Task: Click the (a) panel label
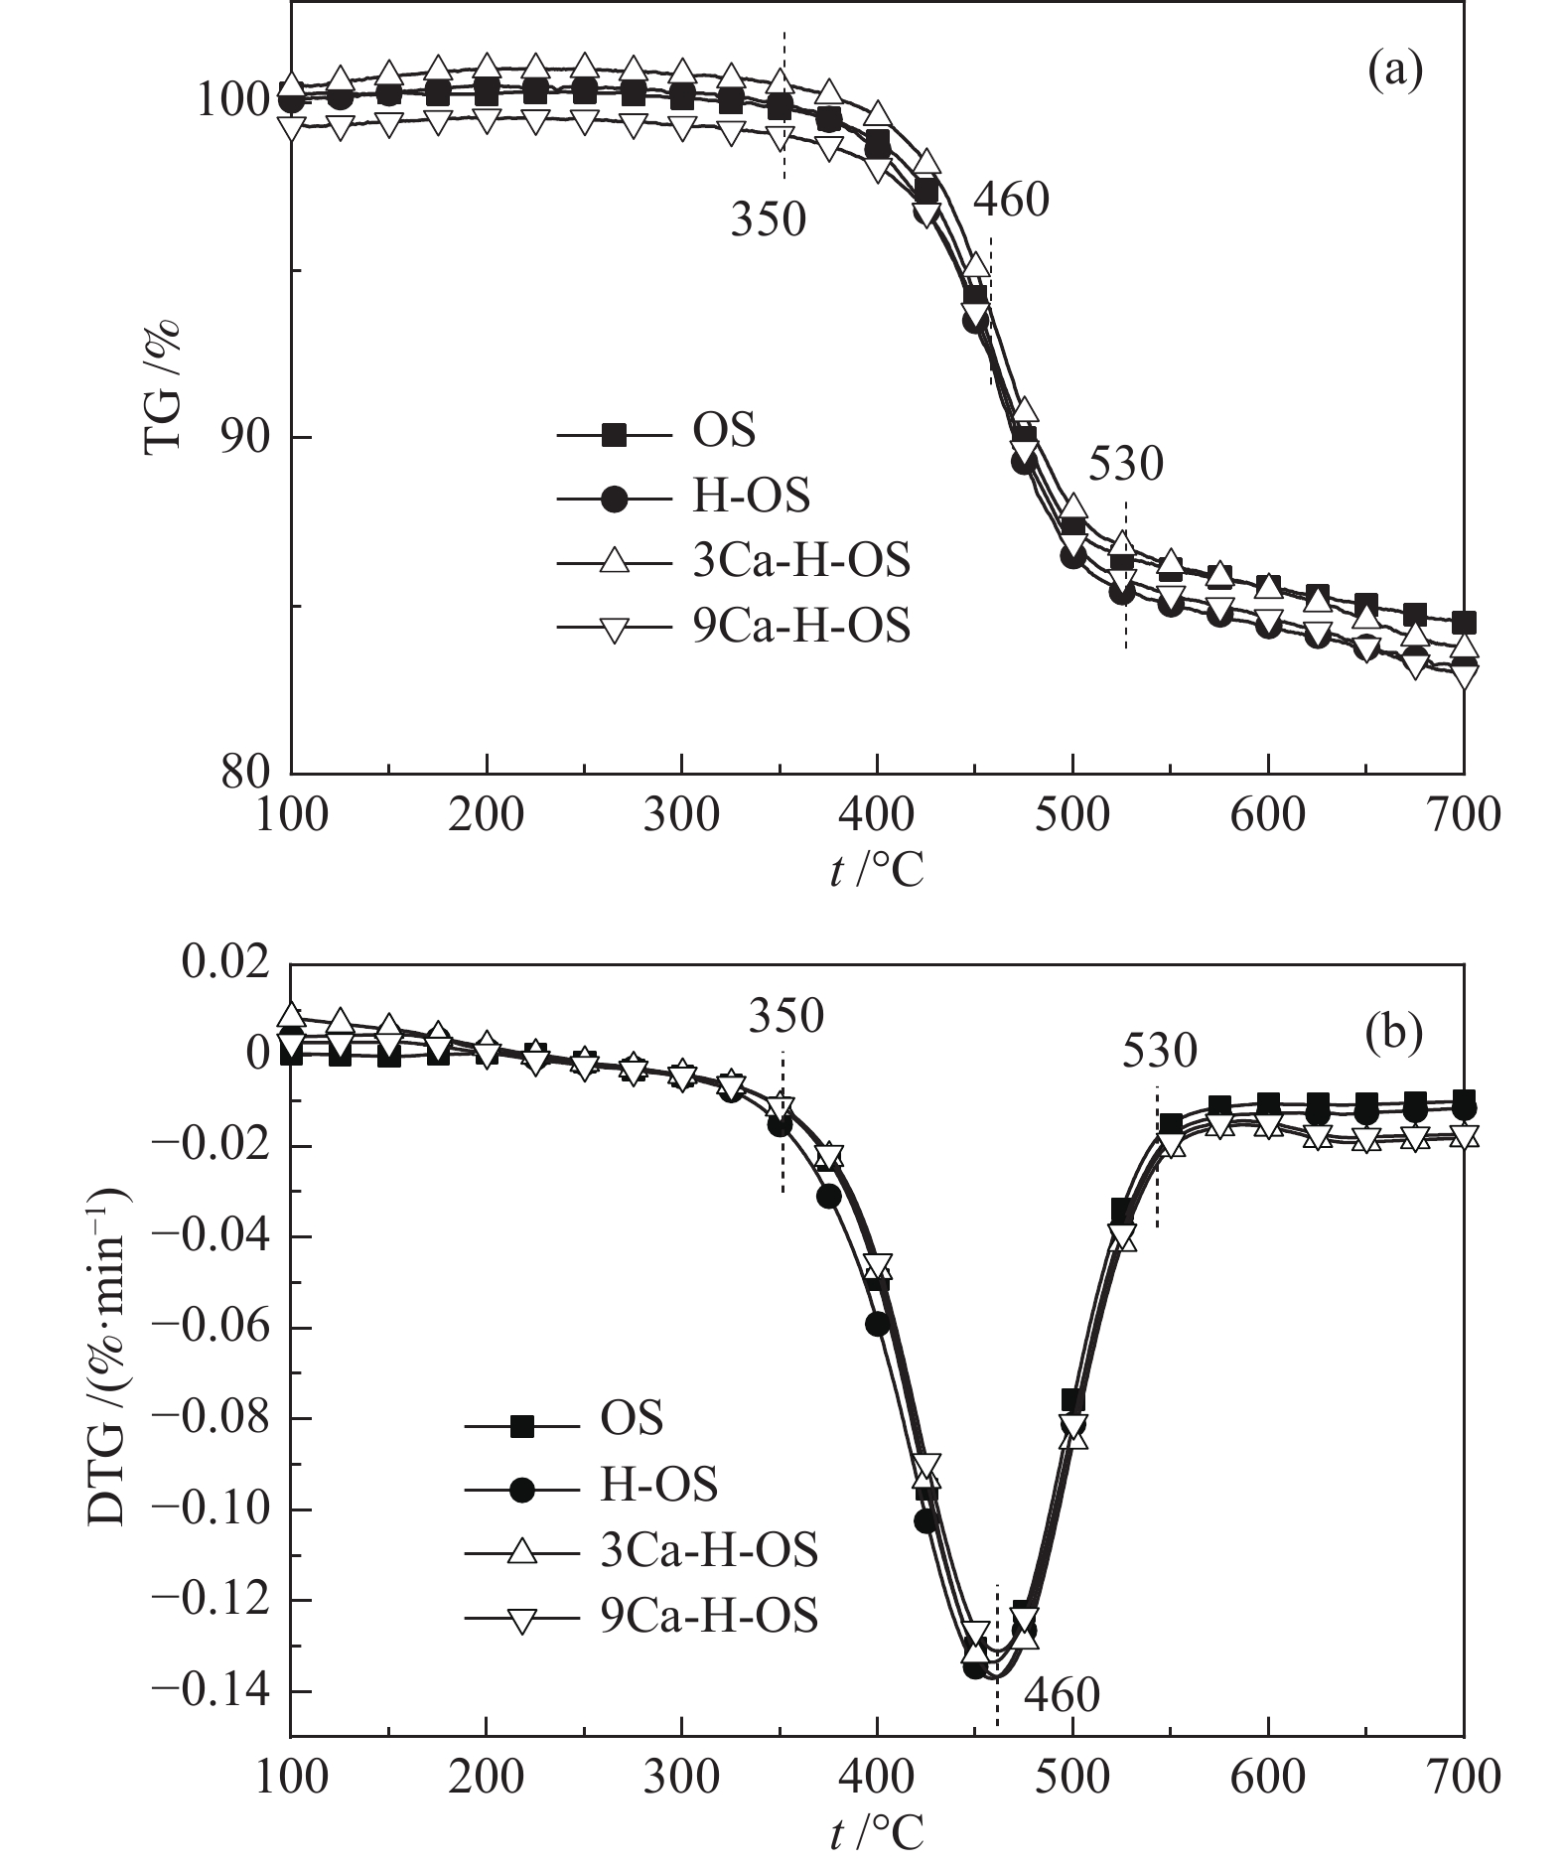[1394, 72]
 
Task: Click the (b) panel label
[1394, 1033]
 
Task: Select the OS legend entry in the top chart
[723, 433]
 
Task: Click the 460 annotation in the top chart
[1011, 202]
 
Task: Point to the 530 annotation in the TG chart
[1124, 464]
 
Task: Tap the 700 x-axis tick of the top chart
[1462, 815]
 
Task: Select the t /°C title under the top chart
[877, 871]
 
